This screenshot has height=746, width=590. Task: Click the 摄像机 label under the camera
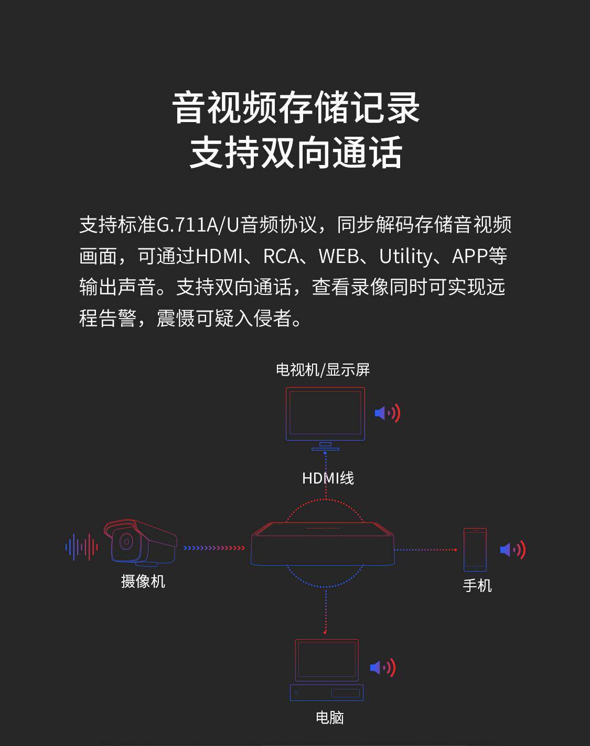point(143,581)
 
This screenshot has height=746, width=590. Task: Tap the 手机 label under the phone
point(477,585)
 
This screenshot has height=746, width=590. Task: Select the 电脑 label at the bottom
point(329,717)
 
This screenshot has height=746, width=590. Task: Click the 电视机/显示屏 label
point(323,370)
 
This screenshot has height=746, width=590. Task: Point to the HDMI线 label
point(328,478)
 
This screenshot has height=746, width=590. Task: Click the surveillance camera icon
point(141,543)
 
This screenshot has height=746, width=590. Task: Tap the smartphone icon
point(475,550)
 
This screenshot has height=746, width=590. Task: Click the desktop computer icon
point(327,670)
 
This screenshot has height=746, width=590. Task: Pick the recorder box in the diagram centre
point(323,545)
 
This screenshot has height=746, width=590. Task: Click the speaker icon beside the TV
point(388,413)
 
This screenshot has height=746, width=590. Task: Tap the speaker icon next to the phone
point(512,550)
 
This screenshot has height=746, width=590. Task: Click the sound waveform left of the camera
point(81,547)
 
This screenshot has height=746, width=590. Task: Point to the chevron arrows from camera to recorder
point(214,548)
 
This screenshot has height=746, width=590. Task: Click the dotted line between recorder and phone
point(425,550)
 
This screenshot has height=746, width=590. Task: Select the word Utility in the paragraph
point(405,256)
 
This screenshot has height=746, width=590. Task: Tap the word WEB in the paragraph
point(338,256)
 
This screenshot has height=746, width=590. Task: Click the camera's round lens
point(125,541)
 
